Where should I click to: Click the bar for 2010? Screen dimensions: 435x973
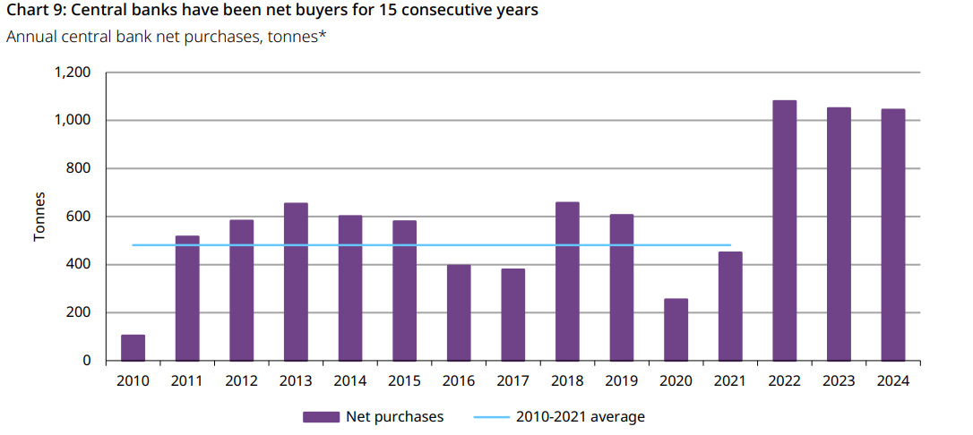pyautogui.click(x=133, y=347)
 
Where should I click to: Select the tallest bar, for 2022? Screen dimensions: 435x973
pyautogui.click(x=784, y=231)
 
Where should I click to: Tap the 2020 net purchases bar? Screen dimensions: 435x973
pyautogui.click(x=676, y=329)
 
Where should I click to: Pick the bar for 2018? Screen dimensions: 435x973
pyautogui.click(x=567, y=281)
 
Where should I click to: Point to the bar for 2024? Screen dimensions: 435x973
pyautogui.click(x=892, y=235)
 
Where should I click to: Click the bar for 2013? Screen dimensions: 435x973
pyautogui.click(x=296, y=281)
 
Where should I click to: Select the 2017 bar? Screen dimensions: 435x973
pyautogui.click(x=512, y=314)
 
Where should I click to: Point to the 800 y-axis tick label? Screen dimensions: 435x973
pyautogui.click(x=81, y=168)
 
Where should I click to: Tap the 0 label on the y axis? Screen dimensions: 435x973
pyautogui.click(x=87, y=361)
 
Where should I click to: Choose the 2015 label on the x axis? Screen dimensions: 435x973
pyautogui.click(x=404, y=380)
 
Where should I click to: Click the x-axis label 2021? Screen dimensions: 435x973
pyautogui.click(x=730, y=380)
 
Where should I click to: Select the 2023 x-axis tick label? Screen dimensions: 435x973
pyautogui.click(x=839, y=380)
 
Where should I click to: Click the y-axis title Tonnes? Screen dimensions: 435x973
pyautogui.click(x=39, y=217)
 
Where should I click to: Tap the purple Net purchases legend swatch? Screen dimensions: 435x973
pyautogui.click(x=321, y=416)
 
